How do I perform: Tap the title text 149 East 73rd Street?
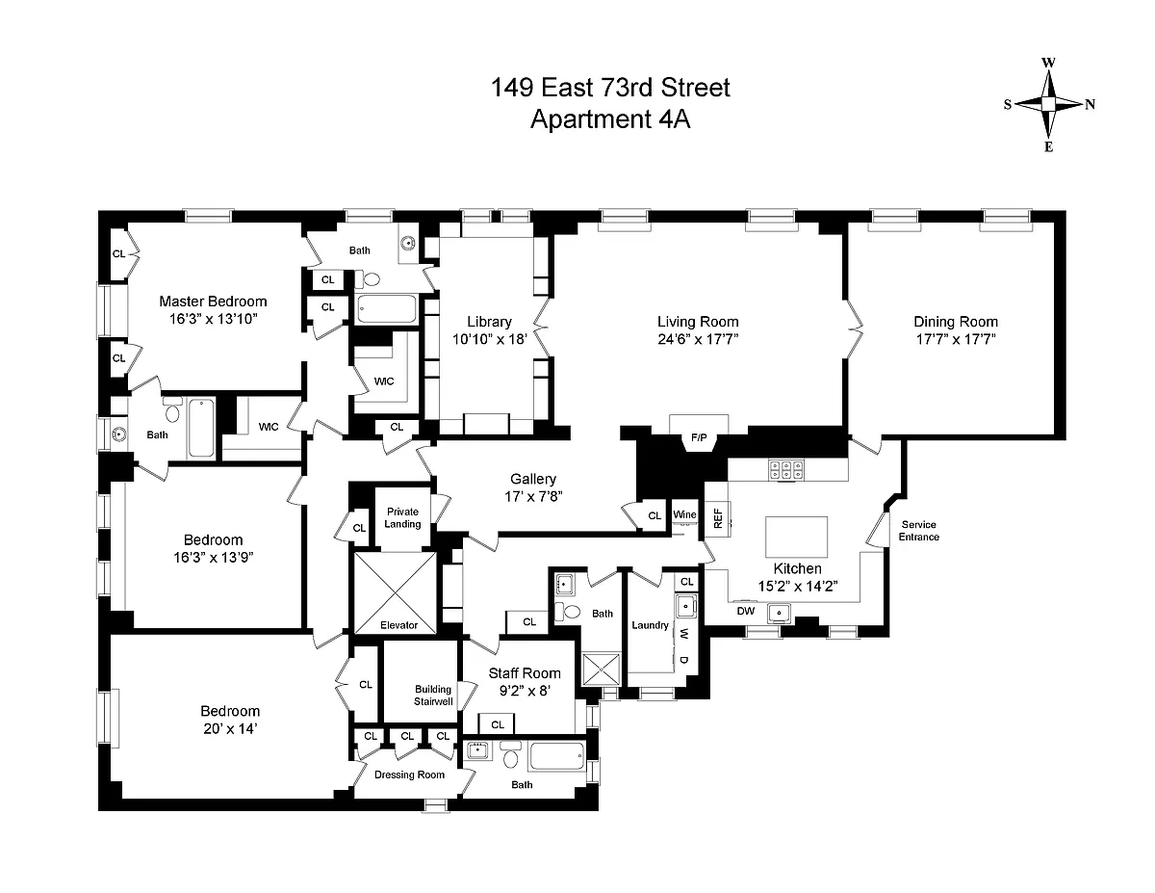point(610,89)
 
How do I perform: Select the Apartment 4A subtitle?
point(610,119)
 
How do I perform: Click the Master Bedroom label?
point(213,302)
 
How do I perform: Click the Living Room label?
point(698,322)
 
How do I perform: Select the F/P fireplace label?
point(699,439)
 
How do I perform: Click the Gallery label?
point(533,479)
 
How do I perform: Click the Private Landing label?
point(402,517)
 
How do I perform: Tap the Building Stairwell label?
point(433,695)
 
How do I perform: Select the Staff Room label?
point(524,673)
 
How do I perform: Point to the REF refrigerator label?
point(717,518)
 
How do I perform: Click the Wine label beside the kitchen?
point(684,515)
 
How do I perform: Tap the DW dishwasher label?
point(745,611)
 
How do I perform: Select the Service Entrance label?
point(919,531)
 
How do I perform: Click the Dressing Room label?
point(409,775)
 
